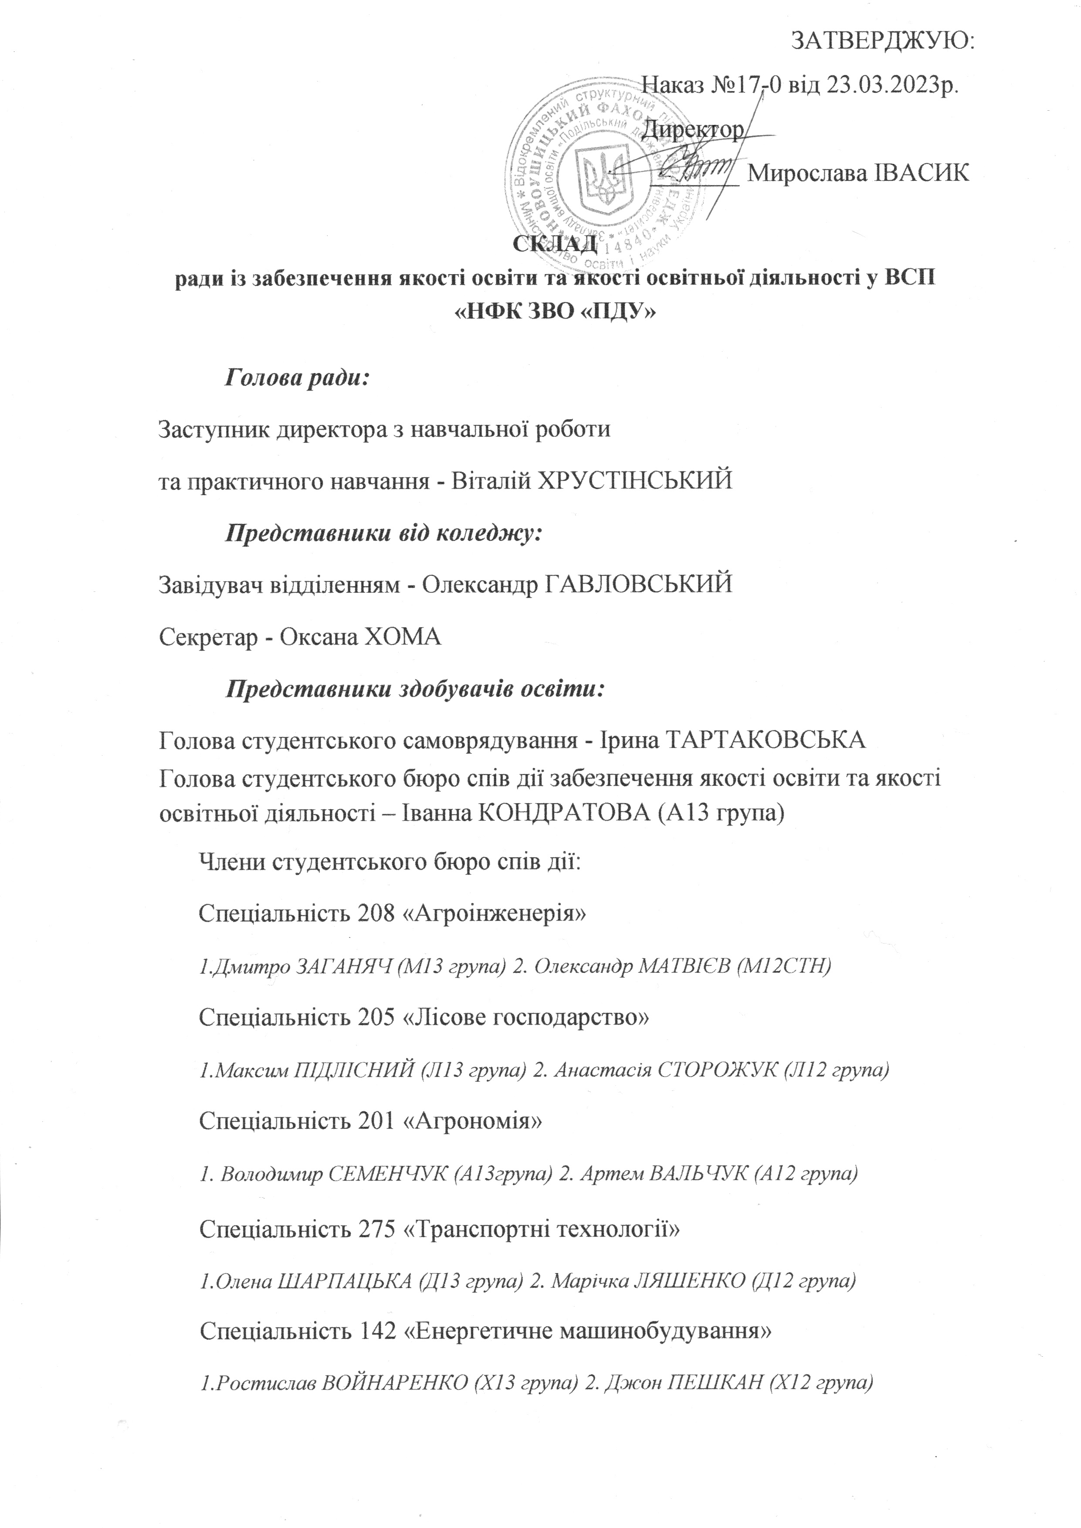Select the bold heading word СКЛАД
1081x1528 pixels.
click(x=554, y=244)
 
